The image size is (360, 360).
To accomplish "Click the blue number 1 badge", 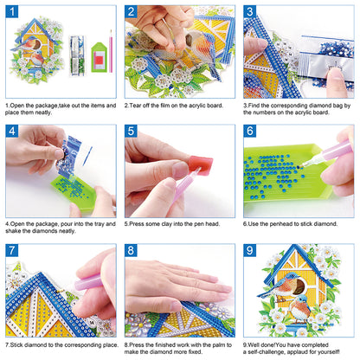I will click(13, 13).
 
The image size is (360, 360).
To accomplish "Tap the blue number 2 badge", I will click(132, 13).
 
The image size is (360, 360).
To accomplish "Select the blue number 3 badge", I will click(249, 13).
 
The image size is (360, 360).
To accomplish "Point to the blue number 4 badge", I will click(13, 132).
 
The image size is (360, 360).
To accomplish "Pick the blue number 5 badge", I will click(132, 132).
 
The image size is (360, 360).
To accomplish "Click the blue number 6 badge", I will click(249, 132).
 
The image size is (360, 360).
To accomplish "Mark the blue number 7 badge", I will click(13, 251).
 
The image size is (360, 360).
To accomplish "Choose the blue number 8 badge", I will click(132, 251).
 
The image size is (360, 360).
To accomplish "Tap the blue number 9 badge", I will click(249, 251).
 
